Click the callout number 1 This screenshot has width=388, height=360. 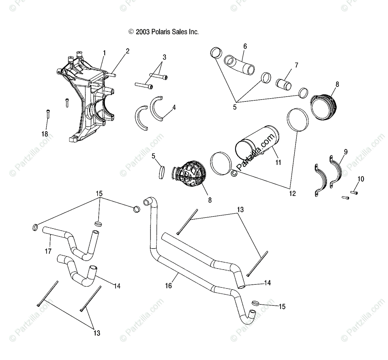click(104, 52)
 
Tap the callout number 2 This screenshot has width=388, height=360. click(128, 51)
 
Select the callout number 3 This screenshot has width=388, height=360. click(164, 58)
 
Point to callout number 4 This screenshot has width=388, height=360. click(174, 107)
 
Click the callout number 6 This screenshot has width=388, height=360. click(245, 47)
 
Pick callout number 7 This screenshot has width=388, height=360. click(296, 65)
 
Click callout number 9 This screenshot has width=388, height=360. click(346, 151)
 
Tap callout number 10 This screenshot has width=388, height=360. click(361, 179)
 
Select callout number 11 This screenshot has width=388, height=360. click(278, 163)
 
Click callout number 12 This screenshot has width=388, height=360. click(292, 194)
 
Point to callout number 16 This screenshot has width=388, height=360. click(168, 285)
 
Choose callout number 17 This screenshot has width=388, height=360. click(48, 251)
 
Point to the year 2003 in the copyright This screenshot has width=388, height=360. click(142, 32)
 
